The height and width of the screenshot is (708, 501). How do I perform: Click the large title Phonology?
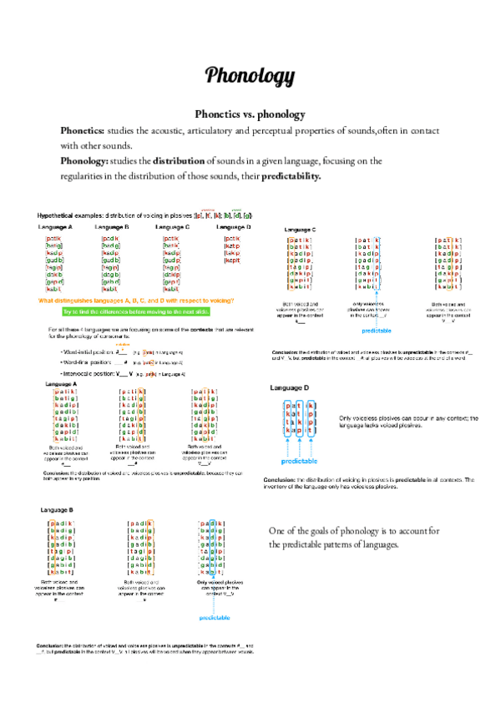250,74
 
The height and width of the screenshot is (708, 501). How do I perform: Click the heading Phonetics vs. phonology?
250,114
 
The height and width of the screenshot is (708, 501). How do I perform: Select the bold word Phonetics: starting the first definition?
81,132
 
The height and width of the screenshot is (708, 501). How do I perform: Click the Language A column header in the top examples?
55,227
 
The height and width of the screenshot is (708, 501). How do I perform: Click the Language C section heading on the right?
301,229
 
